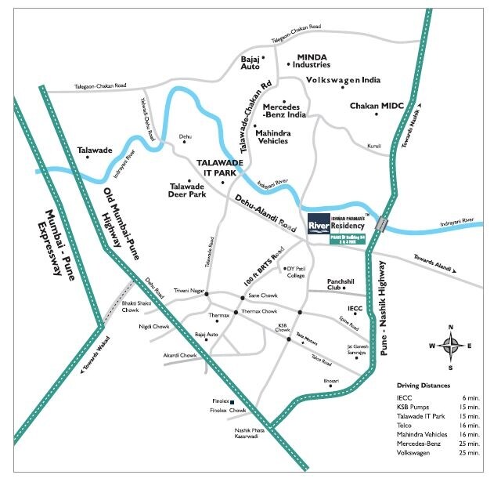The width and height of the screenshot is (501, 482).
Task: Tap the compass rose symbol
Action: (450, 346)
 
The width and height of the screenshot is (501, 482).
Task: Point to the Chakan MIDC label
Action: (375, 105)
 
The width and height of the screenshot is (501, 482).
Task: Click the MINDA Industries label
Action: (312, 60)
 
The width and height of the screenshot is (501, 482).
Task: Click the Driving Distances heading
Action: (424, 386)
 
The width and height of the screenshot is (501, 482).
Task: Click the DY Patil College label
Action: (295, 272)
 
